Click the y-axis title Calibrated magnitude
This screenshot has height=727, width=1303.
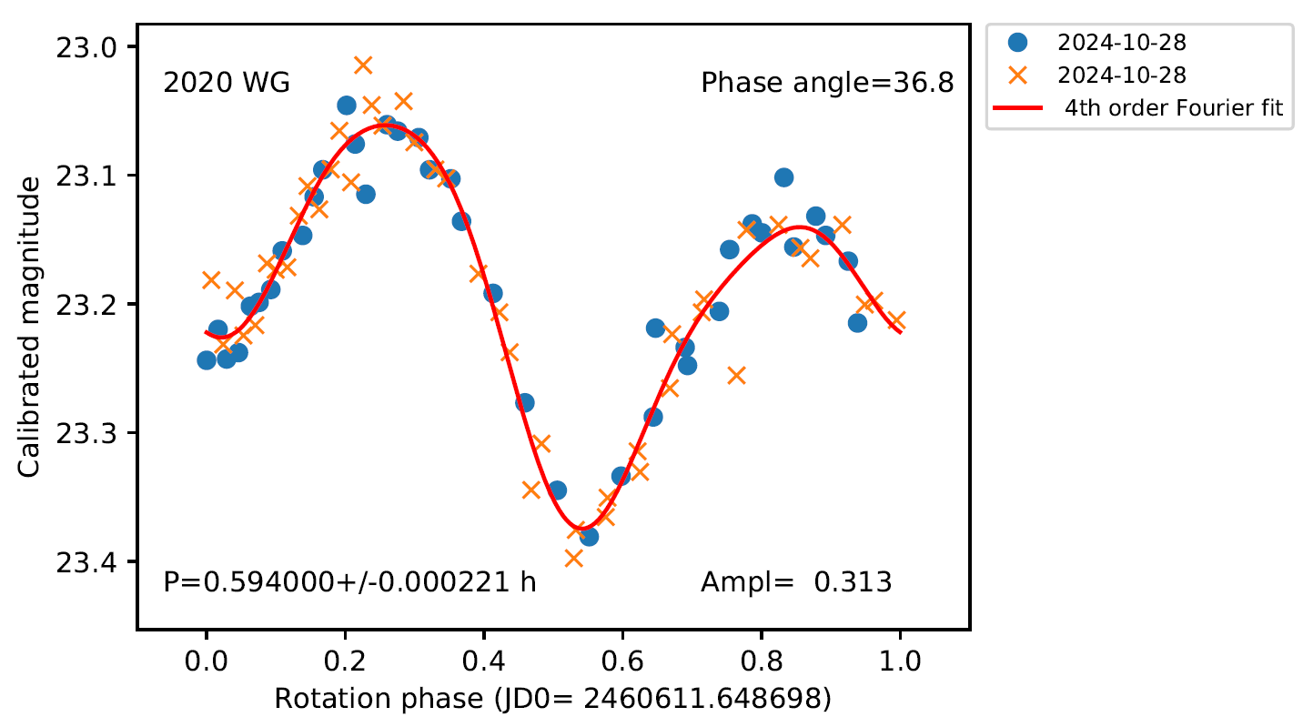[x=30, y=327]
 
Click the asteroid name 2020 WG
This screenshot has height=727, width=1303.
[x=227, y=84]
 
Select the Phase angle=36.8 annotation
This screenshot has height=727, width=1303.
[x=827, y=84]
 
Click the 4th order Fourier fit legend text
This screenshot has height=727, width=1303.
[x=1175, y=108]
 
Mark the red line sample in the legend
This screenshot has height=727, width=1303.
[x=1018, y=108]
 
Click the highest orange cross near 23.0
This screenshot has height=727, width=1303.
[x=363, y=65]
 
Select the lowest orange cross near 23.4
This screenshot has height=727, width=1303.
[x=573, y=558]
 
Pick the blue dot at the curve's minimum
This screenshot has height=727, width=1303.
[x=589, y=536]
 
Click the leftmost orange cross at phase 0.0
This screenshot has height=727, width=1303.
[x=211, y=279]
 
